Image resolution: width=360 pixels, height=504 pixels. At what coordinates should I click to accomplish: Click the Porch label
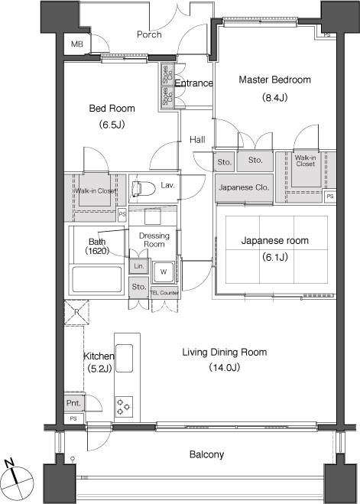(x=149, y=34)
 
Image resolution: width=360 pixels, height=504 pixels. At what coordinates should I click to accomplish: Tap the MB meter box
(x=77, y=44)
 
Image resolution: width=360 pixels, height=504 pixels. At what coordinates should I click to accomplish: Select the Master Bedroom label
(x=275, y=80)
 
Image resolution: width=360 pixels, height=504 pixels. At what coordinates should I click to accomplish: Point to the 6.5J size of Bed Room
(x=112, y=125)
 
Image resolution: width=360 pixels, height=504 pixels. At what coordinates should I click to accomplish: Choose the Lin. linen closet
(x=139, y=266)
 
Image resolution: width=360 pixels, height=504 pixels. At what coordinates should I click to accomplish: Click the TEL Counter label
(x=164, y=293)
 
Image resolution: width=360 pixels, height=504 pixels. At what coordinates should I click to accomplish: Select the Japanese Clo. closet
(x=244, y=187)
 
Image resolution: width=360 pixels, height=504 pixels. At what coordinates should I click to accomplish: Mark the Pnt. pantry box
(x=74, y=402)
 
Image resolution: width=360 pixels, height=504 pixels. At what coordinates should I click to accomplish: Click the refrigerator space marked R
(x=76, y=312)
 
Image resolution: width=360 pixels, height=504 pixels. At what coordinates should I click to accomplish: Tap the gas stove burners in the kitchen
(x=124, y=407)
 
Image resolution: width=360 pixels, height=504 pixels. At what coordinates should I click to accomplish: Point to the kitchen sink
(x=125, y=358)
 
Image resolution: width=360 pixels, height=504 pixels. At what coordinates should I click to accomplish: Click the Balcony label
(x=206, y=454)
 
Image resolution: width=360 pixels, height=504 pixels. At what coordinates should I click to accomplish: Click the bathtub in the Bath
(x=97, y=278)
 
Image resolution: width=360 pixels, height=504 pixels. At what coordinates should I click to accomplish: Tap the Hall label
(x=197, y=139)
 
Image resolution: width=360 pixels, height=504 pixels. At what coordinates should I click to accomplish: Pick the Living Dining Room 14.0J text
(x=225, y=359)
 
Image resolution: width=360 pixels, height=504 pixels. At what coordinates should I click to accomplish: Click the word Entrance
(x=193, y=83)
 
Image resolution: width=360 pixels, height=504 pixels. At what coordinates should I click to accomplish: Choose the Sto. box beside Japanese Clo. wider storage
(x=255, y=161)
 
